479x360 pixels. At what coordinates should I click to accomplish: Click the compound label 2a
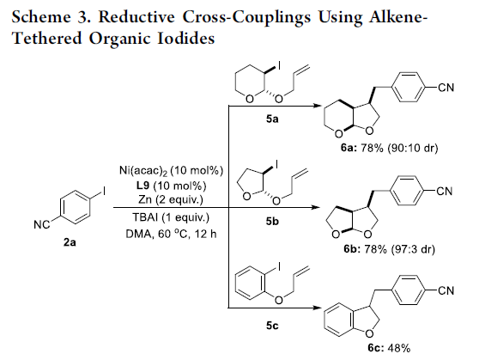pyautogui.click(x=70, y=242)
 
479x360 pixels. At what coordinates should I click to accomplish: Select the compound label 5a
pyautogui.click(x=272, y=119)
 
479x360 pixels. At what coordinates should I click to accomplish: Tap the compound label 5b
pyautogui.click(x=272, y=221)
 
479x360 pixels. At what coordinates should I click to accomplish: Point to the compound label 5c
pyautogui.click(x=272, y=326)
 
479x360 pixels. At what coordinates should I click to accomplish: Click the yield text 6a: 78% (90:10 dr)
pyautogui.click(x=389, y=148)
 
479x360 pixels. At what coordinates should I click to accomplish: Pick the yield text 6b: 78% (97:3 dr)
pyautogui.click(x=389, y=249)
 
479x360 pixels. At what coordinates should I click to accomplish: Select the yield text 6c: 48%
pyautogui.click(x=389, y=348)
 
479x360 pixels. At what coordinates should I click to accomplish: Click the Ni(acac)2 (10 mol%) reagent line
pyautogui.click(x=171, y=170)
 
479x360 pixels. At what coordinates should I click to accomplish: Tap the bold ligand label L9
pyautogui.click(x=141, y=186)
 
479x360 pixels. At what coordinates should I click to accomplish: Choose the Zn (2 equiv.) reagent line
pyautogui.click(x=171, y=199)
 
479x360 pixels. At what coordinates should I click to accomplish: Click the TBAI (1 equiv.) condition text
pyautogui.click(x=171, y=217)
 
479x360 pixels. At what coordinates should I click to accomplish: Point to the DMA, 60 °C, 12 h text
pyautogui.click(x=171, y=234)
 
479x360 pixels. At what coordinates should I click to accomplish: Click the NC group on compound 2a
pyautogui.click(x=41, y=225)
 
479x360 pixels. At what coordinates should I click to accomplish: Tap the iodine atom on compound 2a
pyautogui.click(x=104, y=192)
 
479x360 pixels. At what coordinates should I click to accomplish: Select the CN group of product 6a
pyautogui.click(x=446, y=88)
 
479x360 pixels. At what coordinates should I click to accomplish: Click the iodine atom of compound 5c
pyautogui.click(x=279, y=266)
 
